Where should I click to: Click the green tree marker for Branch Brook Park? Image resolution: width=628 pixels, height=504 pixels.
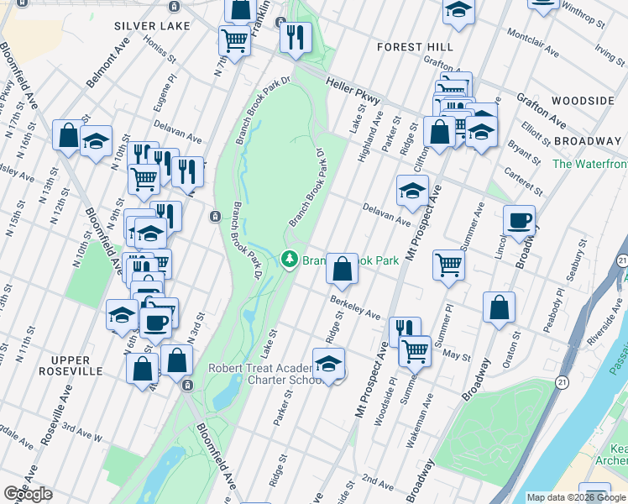[290, 260]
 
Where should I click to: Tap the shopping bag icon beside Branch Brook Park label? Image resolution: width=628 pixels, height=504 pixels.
[342, 270]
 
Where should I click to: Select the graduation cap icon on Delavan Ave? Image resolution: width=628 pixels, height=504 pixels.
[412, 192]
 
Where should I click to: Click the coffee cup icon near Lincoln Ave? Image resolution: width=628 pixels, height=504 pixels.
[519, 221]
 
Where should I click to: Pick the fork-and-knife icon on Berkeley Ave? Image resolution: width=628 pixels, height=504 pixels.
[405, 329]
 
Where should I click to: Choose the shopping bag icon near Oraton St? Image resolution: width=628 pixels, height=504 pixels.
[500, 307]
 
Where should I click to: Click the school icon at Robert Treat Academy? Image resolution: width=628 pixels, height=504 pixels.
[328, 364]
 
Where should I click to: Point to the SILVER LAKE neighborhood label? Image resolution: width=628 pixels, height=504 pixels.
[153, 27]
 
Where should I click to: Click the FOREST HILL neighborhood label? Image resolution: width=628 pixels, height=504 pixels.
[415, 47]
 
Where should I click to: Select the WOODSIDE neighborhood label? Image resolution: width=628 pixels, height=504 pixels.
[584, 101]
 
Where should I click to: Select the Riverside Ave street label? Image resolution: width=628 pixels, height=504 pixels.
[604, 327]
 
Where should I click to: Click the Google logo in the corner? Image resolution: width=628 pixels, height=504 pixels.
[28, 494]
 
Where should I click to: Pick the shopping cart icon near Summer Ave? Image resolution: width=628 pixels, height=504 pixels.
[449, 265]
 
